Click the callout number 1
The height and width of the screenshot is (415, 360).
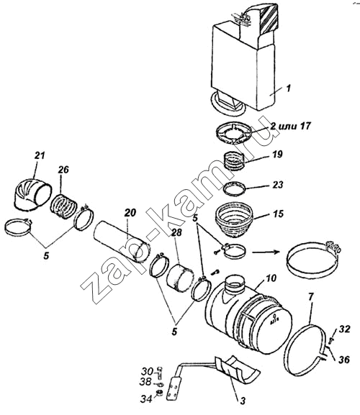point(289,88)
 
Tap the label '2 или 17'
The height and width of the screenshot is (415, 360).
point(290,125)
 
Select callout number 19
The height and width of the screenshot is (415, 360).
point(277,154)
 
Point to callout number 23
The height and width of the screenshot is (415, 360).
point(278,184)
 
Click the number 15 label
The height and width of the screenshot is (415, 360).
point(278,214)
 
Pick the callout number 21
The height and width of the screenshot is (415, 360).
point(40,155)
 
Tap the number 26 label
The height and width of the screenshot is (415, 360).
point(64,170)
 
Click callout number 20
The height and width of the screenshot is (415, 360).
point(130,212)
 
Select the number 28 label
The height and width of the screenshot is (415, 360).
point(176,232)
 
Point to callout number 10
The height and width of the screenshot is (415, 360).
point(270,278)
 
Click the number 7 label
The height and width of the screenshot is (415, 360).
point(311,297)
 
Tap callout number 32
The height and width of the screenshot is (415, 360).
point(344,329)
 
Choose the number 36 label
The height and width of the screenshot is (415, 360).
point(343,359)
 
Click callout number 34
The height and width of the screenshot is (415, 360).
point(146,398)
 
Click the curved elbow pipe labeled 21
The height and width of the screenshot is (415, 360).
point(31,195)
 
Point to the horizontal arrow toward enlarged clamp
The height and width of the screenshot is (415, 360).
point(266,252)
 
